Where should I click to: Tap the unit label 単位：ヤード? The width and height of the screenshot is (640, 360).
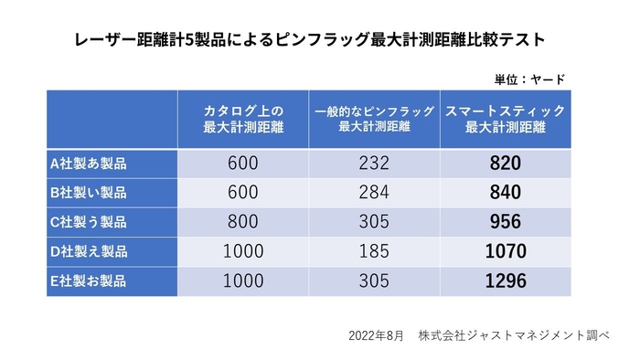point(529,79)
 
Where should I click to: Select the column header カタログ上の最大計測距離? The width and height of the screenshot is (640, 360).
point(243,119)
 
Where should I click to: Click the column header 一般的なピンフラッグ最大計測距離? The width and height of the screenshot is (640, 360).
point(374,119)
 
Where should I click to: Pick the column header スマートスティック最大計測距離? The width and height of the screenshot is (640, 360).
point(505,119)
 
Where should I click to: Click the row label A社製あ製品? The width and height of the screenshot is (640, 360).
point(89,164)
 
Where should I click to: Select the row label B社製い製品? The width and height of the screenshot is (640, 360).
point(89,193)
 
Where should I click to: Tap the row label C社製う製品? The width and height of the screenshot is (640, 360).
point(89,222)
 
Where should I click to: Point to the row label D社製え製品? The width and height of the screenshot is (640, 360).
point(89,251)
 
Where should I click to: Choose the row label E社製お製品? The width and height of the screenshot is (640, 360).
point(89,281)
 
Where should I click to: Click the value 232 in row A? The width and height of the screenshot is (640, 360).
point(375,164)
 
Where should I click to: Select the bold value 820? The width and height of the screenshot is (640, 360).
point(505,164)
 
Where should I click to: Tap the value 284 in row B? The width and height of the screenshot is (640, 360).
point(375,193)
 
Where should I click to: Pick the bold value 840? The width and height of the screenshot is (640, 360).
point(505,193)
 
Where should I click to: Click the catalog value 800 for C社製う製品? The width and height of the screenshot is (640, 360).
point(243,222)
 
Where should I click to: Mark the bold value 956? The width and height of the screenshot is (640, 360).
point(505,222)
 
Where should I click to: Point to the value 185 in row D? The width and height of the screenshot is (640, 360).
point(375,251)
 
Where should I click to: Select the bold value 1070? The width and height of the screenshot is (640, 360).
point(505,251)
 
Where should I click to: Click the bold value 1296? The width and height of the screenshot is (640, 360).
point(505,281)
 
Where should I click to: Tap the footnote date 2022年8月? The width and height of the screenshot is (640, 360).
point(376,336)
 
